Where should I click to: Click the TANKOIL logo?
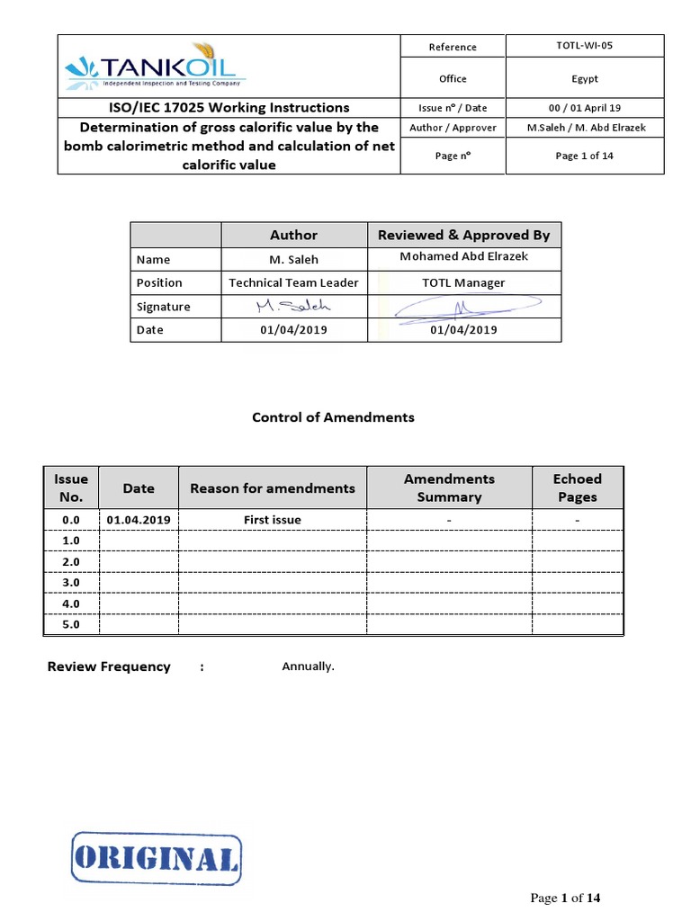156,68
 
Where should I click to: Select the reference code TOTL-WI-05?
586,45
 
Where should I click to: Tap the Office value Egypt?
586,78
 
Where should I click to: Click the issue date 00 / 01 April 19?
586,107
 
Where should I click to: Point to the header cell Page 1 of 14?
586,156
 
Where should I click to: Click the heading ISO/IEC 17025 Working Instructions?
229,107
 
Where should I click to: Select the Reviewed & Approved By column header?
463,235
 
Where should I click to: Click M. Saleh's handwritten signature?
293,307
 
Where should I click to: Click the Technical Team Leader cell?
293,282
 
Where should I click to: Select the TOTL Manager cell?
463,282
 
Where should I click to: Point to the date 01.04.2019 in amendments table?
139,520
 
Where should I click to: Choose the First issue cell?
273,520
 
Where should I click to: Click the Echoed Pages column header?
577,487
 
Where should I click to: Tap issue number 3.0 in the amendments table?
71,583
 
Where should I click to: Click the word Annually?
308,666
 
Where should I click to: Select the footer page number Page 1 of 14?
564,898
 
